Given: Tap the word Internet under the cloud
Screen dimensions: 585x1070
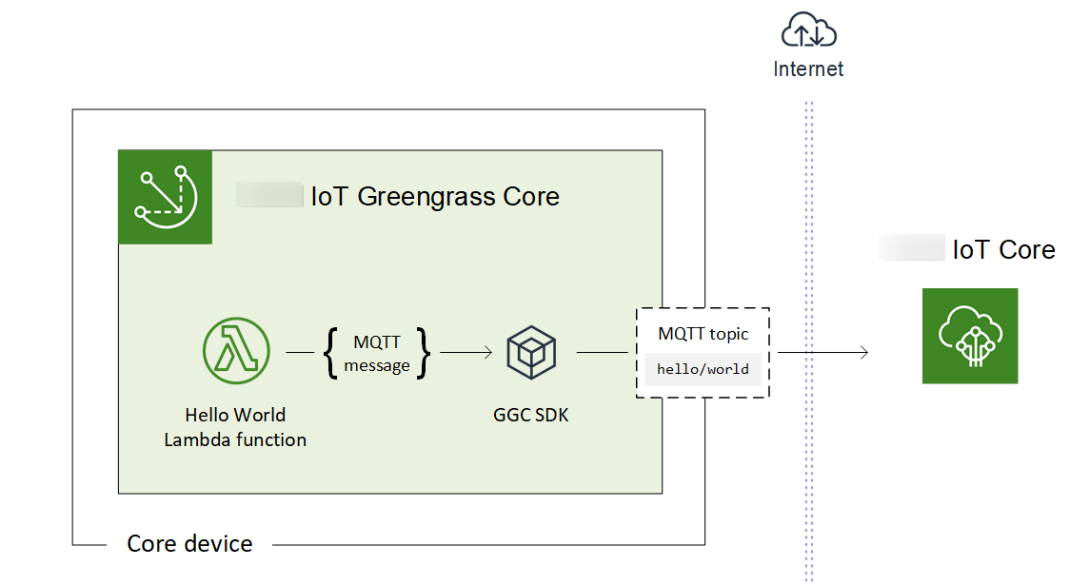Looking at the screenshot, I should coord(808,68).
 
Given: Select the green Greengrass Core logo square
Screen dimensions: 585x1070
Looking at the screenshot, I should coord(165,197).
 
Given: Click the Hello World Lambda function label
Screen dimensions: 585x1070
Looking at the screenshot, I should coord(235,427).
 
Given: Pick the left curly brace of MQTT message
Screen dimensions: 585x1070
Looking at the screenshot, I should coord(330,353).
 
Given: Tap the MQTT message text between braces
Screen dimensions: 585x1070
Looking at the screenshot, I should coord(377,353).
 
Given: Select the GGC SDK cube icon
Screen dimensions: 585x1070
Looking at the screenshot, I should coord(531,352).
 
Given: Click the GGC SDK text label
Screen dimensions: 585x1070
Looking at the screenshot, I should coord(531,415).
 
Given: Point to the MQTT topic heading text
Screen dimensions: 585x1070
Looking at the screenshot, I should coord(703,334).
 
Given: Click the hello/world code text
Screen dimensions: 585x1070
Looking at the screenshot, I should coord(703,369).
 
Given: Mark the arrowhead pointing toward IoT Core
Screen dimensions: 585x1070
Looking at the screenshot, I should coord(863,353).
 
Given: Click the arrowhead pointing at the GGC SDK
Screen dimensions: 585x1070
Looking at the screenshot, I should coord(487,353).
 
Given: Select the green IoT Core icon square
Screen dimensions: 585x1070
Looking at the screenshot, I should coord(969,336).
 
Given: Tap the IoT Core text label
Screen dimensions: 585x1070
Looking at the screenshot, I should coord(1003,249).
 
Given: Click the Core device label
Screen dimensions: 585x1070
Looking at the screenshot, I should coord(189,544).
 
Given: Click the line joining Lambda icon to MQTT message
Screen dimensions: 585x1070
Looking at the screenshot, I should coord(300,353).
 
